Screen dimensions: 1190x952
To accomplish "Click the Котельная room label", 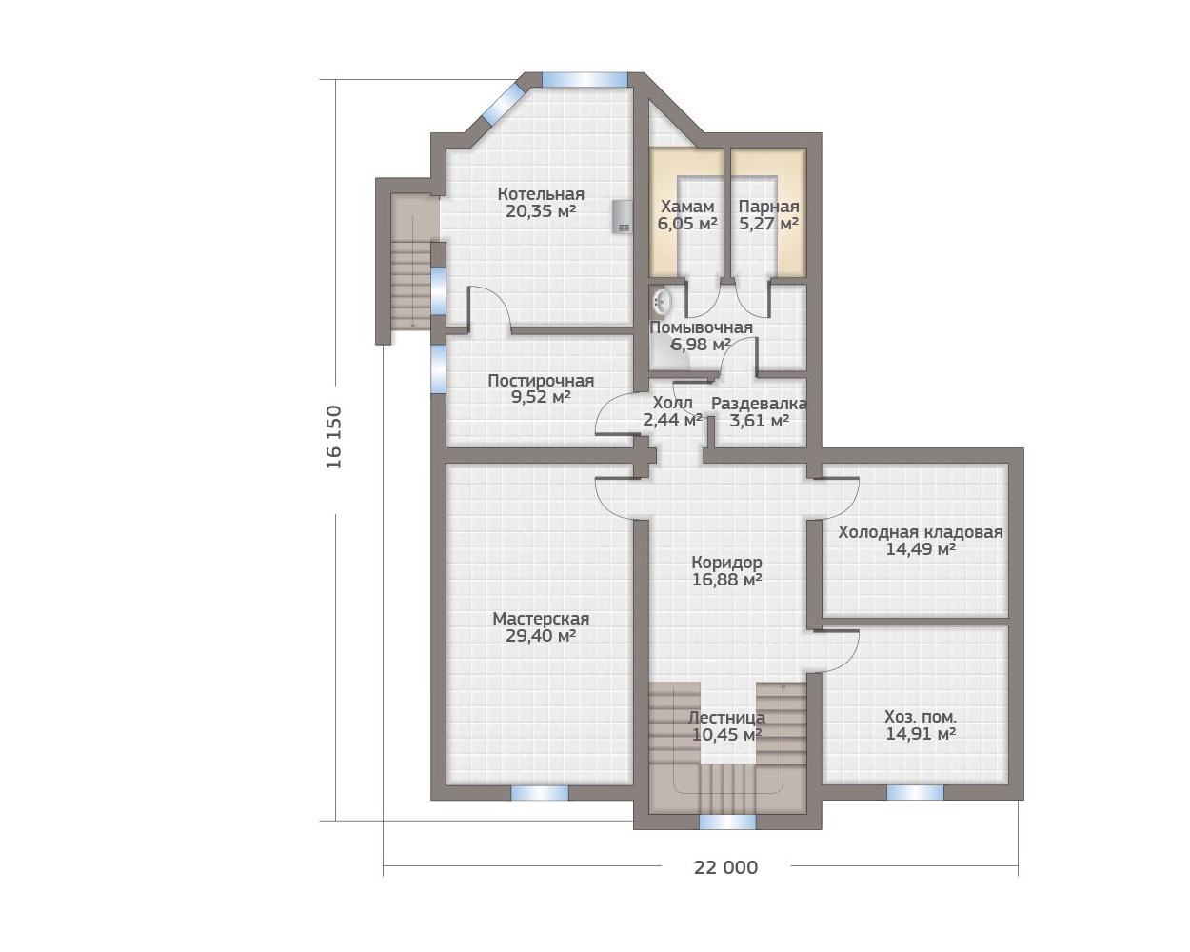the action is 541,194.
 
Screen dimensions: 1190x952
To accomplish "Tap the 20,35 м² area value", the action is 541,211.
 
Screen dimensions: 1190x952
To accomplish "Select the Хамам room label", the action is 687,207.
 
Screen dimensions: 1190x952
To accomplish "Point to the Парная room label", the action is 768,207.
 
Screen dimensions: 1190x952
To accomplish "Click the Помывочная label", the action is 702,327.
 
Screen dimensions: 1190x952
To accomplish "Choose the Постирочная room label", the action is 541,381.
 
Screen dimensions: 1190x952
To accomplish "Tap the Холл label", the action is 672,402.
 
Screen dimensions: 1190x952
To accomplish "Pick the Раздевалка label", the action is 759,404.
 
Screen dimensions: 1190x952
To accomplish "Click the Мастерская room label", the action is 541,618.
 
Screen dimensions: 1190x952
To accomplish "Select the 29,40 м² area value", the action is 541,636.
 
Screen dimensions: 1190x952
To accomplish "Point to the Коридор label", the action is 726,564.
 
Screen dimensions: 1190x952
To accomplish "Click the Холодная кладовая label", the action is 921,532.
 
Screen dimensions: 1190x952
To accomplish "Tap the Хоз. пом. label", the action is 921,717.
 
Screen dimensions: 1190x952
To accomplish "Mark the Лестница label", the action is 726,718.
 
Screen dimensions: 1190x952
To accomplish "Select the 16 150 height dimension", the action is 334,437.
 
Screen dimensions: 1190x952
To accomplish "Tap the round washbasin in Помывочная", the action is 661,302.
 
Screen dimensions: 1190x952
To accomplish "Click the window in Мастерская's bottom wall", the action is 540,793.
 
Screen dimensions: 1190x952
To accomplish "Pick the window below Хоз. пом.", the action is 915,793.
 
